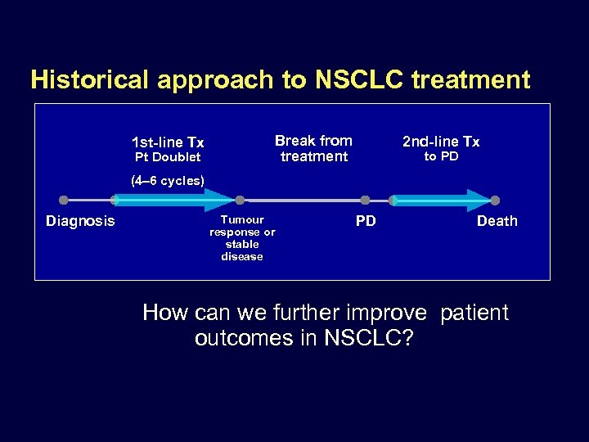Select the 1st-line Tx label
point(168,142)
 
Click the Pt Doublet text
point(168,157)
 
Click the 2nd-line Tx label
point(441,142)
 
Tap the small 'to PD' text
point(441,156)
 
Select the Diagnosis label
point(80,221)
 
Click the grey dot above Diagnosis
point(64,200)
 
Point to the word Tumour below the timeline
point(242,219)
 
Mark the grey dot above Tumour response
point(240,200)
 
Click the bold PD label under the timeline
point(366,221)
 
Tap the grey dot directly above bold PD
point(365,200)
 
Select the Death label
point(497,221)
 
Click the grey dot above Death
point(495,200)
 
